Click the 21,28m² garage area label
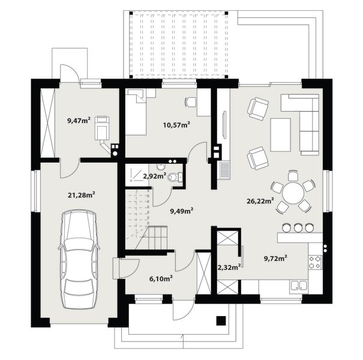point(81,195)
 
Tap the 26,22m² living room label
point(260,200)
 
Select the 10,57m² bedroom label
point(176,125)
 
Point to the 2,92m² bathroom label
point(154,176)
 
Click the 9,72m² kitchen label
point(276,258)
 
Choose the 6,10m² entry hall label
point(161,279)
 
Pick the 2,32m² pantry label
point(229,267)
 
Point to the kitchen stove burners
point(315,262)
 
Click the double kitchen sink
point(299,285)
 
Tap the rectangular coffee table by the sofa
point(281,135)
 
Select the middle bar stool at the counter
point(298,228)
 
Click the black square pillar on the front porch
point(221,320)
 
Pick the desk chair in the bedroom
point(191,102)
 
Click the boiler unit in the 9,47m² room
point(101,128)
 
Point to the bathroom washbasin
point(160,166)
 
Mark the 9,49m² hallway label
point(182,211)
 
